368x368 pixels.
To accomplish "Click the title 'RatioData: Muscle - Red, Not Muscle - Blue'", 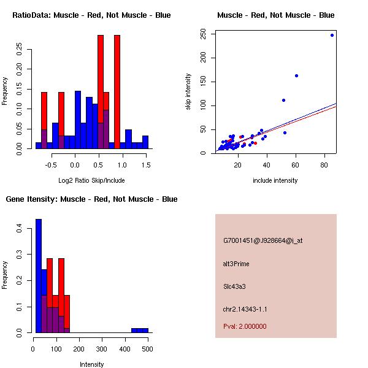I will [x=91, y=15].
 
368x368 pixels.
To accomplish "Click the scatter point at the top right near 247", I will [x=332, y=35].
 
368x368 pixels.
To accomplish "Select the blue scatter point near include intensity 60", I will [x=296, y=75].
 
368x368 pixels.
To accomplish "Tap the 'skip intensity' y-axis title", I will [x=189, y=92].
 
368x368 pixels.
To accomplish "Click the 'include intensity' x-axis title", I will [x=275, y=180].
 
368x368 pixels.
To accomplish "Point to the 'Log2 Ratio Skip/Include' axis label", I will [x=91, y=180].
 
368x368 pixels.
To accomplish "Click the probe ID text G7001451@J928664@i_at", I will [x=263, y=240].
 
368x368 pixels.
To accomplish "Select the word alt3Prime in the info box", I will [x=236, y=264].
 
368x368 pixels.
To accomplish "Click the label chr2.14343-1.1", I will [x=245, y=309].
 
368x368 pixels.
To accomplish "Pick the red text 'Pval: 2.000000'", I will [x=245, y=326].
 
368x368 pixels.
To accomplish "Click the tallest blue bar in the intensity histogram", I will [x=39, y=276].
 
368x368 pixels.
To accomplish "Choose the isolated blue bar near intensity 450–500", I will [x=139, y=331].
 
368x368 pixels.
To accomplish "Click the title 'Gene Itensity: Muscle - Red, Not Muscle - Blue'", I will [x=91, y=199].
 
